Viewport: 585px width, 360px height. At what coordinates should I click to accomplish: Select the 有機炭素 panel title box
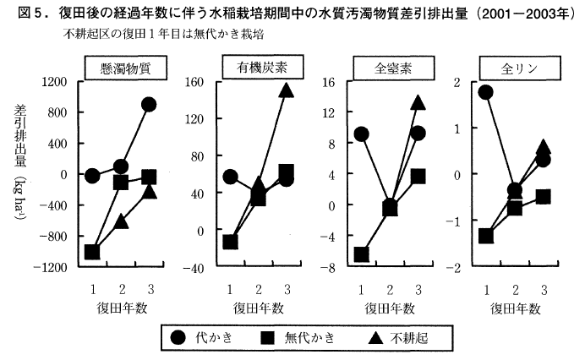click(x=258, y=68)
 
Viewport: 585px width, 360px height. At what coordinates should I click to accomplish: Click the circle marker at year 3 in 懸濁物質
click(x=149, y=105)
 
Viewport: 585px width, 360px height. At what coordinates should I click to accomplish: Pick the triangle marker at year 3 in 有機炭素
click(x=287, y=90)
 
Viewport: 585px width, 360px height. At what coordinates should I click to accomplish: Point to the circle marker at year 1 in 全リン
click(x=485, y=91)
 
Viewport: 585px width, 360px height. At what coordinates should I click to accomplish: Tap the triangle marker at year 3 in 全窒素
click(x=418, y=102)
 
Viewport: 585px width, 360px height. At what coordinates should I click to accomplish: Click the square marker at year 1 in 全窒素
click(x=362, y=254)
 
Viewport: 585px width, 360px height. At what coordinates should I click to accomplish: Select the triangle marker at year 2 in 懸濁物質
click(x=121, y=221)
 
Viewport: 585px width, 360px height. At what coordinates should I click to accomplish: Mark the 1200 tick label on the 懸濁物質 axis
click(x=57, y=82)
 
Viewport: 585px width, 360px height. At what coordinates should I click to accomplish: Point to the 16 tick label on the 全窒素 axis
click(x=330, y=82)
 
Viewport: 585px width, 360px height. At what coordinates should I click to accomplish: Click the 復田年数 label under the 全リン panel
click(x=512, y=310)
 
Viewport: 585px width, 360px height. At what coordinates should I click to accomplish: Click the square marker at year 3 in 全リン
click(x=543, y=197)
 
